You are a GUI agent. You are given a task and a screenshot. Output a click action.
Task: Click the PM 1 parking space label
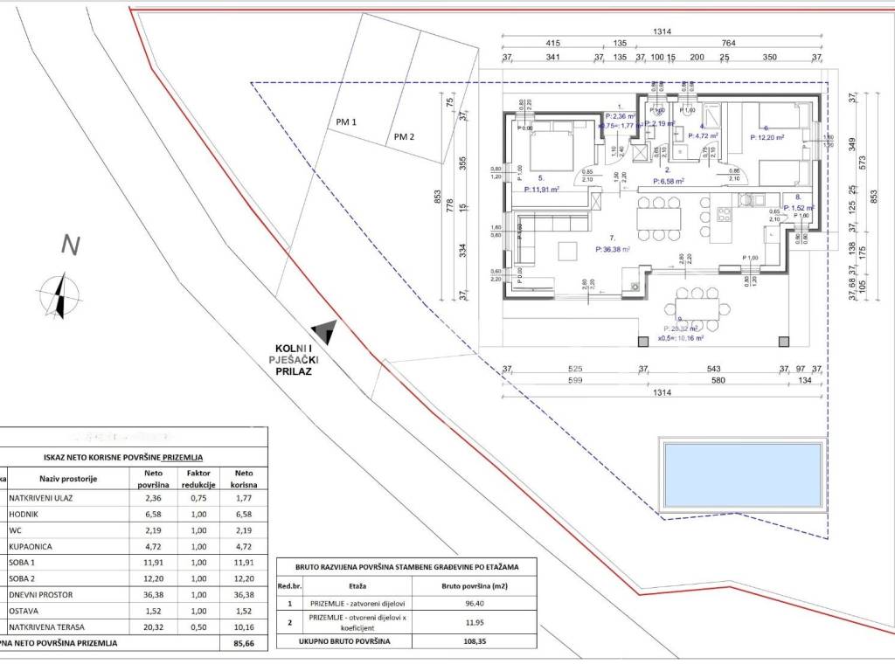346,122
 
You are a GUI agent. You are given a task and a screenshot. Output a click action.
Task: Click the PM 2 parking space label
404,136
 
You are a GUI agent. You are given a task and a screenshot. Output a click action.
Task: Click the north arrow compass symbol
59,294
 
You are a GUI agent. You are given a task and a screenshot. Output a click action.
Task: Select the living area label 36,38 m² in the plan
612,248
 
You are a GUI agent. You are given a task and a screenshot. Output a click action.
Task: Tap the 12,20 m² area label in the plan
767,137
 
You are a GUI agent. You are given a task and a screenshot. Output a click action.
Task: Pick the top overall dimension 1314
662,31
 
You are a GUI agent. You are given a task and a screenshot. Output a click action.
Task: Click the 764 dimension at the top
729,43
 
